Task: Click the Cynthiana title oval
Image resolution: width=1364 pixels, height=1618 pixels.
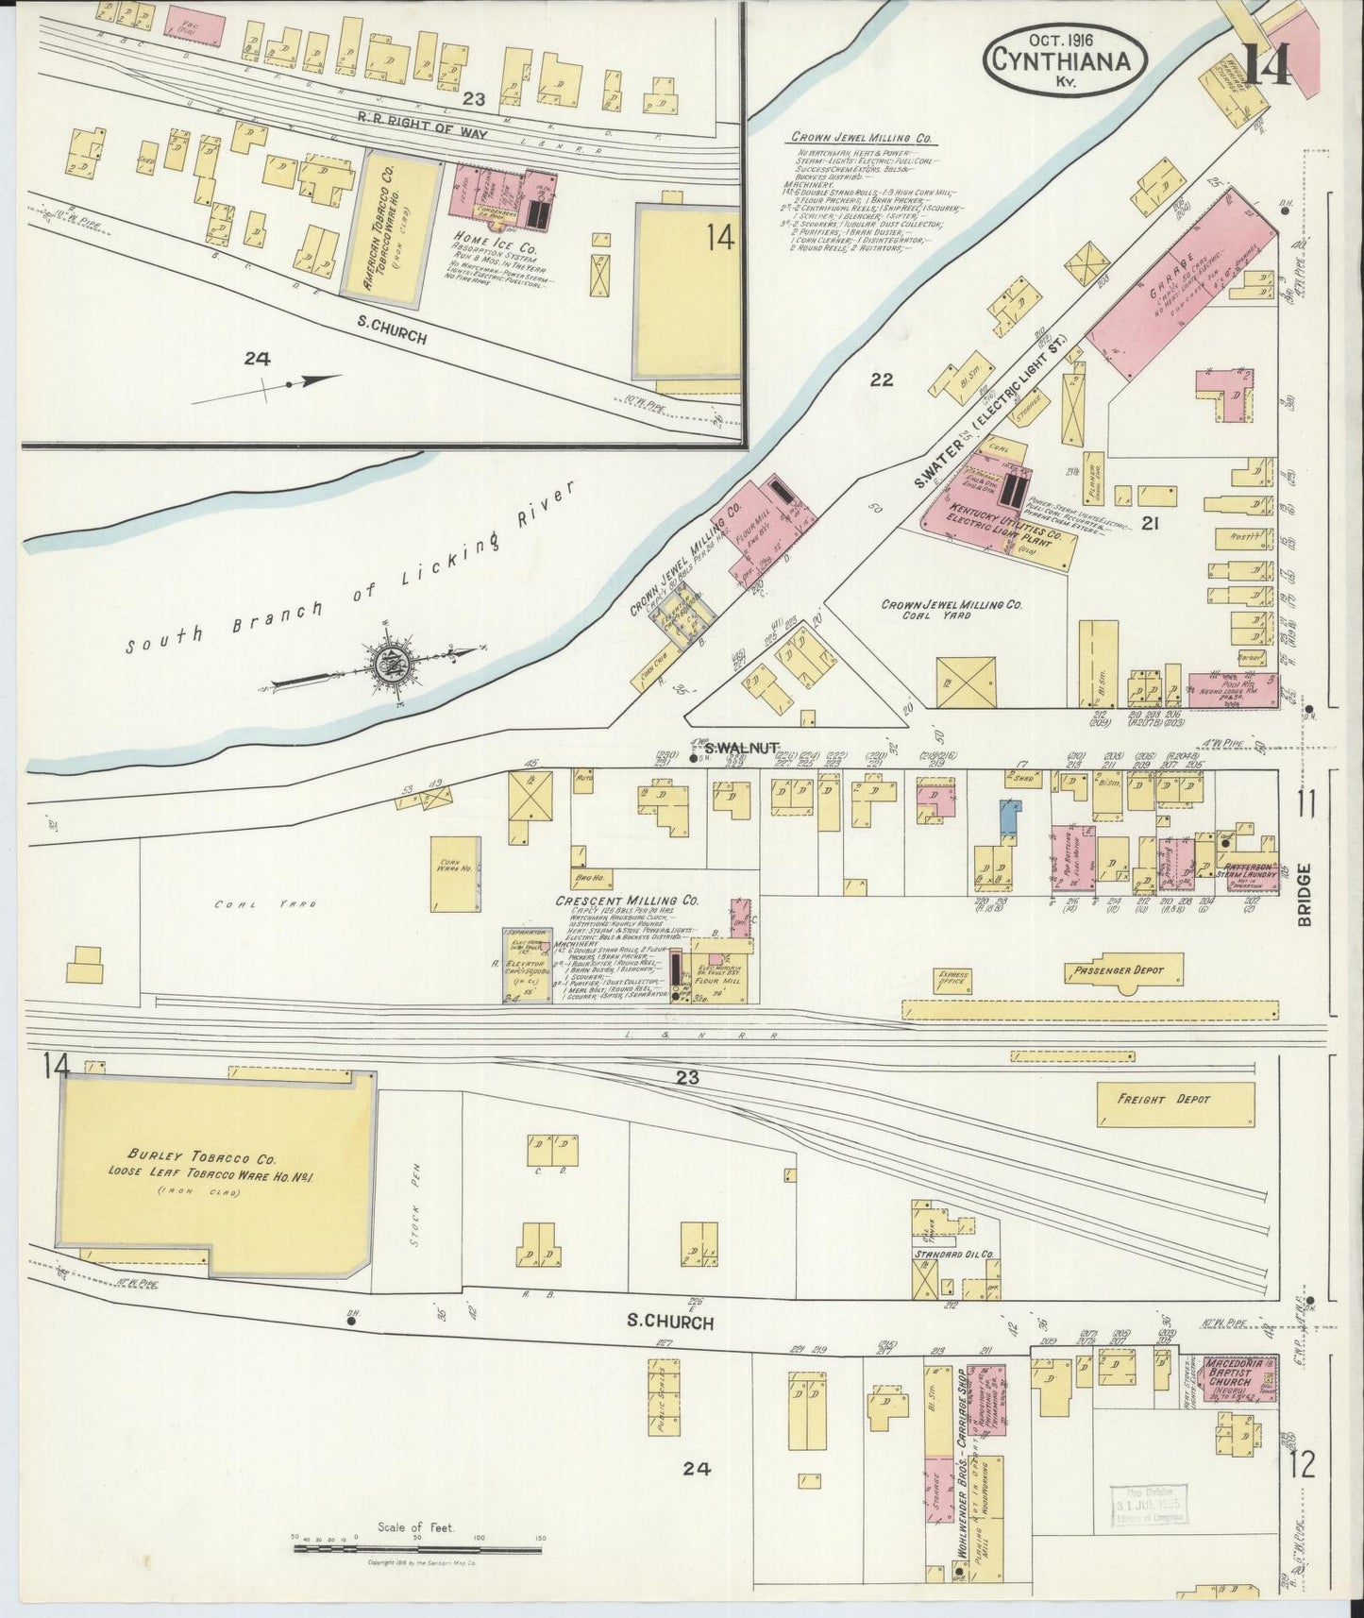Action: click(x=1066, y=59)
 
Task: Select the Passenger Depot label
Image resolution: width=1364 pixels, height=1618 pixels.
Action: click(x=1117, y=969)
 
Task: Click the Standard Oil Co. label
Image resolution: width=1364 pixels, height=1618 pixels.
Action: click(x=955, y=1254)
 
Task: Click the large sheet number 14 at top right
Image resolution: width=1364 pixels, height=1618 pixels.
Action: click(x=1265, y=62)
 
